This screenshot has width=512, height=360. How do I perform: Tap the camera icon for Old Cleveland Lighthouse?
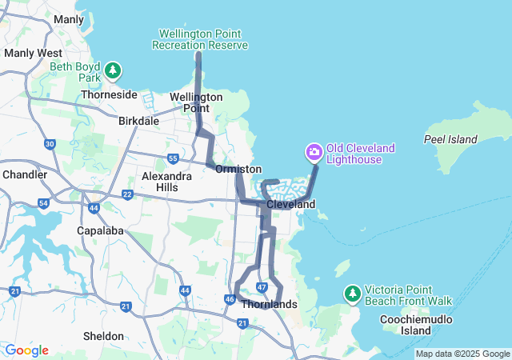(x=314, y=151)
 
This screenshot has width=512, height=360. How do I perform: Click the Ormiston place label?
(x=238, y=170)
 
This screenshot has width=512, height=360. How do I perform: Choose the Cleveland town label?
(x=290, y=205)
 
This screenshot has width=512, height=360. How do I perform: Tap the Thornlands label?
(x=269, y=305)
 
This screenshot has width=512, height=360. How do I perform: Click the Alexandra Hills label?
(x=166, y=181)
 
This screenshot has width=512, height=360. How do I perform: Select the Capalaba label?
(x=98, y=231)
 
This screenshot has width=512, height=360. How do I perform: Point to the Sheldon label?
(x=104, y=336)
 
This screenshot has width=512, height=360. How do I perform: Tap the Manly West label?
(x=27, y=53)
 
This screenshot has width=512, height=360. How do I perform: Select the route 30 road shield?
(x=50, y=144)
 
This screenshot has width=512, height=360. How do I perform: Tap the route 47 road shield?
(x=262, y=287)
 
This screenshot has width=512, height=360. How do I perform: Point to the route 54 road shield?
(x=43, y=203)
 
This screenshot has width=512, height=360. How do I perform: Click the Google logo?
(x=26, y=350)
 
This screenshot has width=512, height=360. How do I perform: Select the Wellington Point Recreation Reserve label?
(x=200, y=39)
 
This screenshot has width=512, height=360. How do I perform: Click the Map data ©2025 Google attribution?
(x=462, y=354)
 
